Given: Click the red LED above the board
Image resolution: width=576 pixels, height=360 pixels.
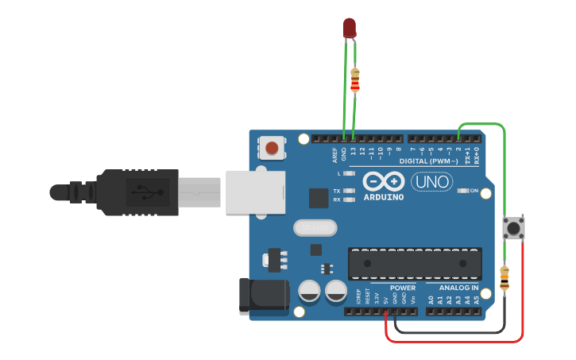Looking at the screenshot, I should (349, 29).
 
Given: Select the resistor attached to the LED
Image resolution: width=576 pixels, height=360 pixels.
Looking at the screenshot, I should (354, 79).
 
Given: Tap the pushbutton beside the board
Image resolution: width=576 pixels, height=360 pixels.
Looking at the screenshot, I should (514, 228).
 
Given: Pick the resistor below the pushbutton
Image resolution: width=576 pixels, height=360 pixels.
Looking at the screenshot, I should (504, 278).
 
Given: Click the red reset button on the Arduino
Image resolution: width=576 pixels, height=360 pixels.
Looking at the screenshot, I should (273, 147).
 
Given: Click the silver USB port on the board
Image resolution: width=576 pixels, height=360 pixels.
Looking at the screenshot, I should (254, 192).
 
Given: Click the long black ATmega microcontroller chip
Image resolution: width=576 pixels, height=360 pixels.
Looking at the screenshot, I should (415, 263).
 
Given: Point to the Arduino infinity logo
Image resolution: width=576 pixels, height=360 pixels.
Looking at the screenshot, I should (384, 180).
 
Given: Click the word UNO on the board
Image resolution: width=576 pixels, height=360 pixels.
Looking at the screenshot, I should (432, 182).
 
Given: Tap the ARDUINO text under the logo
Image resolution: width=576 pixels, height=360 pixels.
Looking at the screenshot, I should (384, 197).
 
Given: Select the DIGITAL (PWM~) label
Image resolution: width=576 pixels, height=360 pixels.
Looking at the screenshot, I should (428, 161).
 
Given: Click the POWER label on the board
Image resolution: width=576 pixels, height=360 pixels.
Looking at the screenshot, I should (403, 288).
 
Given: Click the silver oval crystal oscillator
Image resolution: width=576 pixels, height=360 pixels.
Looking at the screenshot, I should (315, 228).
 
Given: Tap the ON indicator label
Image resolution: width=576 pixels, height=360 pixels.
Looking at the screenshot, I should (474, 191).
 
